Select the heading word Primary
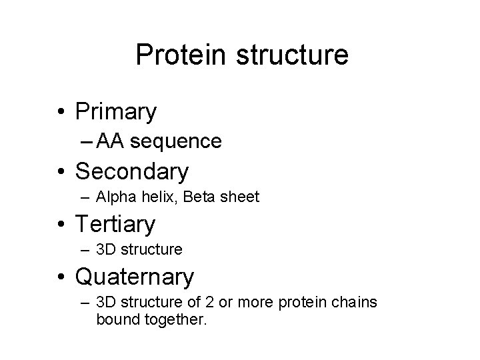[116, 111]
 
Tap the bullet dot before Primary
[61, 112]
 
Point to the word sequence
[176, 141]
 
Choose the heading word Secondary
[132, 171]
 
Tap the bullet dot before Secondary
[61, 172]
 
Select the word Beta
[195, 197]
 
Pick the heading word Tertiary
[115, 223]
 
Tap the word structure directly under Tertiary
[150, 250]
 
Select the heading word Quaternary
[135, 275]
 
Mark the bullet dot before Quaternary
[61, 276]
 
